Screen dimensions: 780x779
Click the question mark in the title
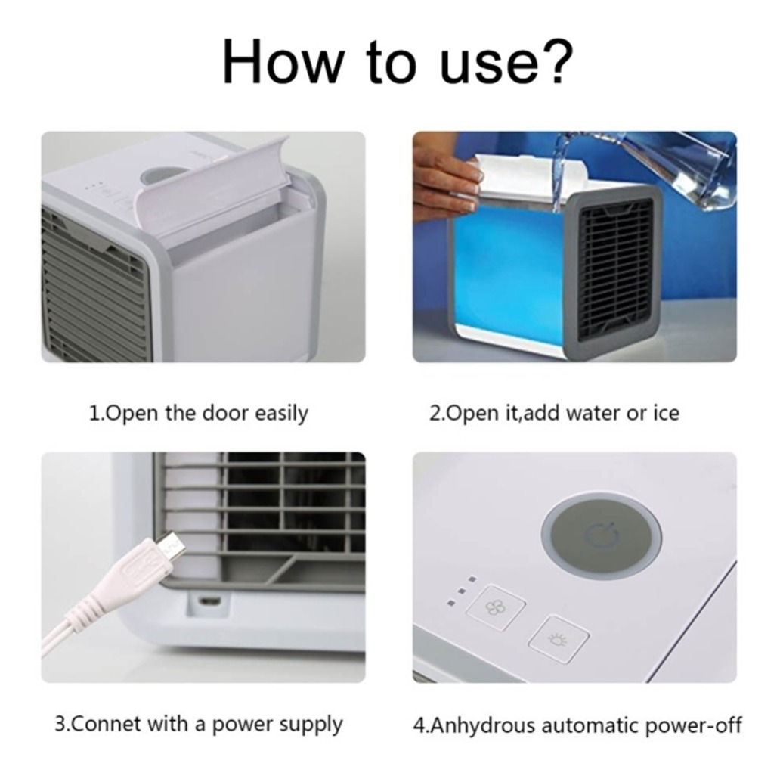click(x=556, y=61)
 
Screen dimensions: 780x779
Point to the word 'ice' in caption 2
click(x=666, y=413)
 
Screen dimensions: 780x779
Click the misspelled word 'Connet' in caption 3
click(x=104, y=725)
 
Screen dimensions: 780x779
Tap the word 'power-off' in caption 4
click(x=693, y=726)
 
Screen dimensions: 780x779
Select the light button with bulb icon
click(x=558, y=640)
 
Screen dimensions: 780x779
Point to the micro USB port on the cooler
click(x=209, y=601)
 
